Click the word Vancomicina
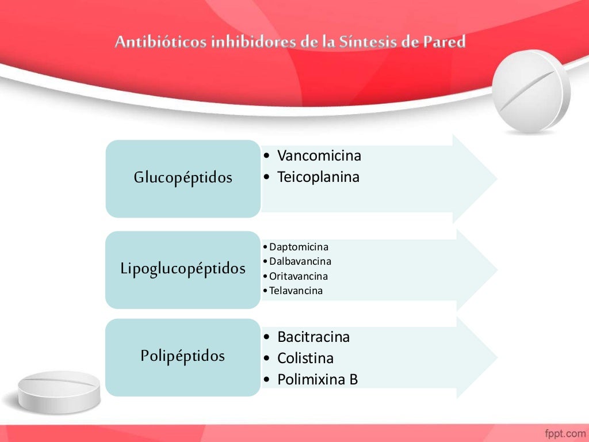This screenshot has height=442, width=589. click(319, 155)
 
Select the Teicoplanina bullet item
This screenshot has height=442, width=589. click(318, 177)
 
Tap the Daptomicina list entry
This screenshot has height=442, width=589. click(299, 247)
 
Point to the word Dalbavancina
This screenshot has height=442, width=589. click(300, 261)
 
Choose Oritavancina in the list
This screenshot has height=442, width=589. click(298, 276)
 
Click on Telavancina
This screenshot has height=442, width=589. click(296, 291)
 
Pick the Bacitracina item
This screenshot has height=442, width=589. click(313, 337)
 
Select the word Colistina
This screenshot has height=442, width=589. click(305, 358)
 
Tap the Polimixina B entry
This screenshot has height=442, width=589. click(317, 380)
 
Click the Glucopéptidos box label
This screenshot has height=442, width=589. click(183, 178)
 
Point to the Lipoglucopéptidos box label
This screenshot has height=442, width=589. click(183, 268)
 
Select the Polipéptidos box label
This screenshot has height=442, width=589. click(183, 356)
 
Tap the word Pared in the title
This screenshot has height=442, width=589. click(444, 42)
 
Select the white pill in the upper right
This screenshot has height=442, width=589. click(533, 92)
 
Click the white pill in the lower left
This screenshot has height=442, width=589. click(59, 391)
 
